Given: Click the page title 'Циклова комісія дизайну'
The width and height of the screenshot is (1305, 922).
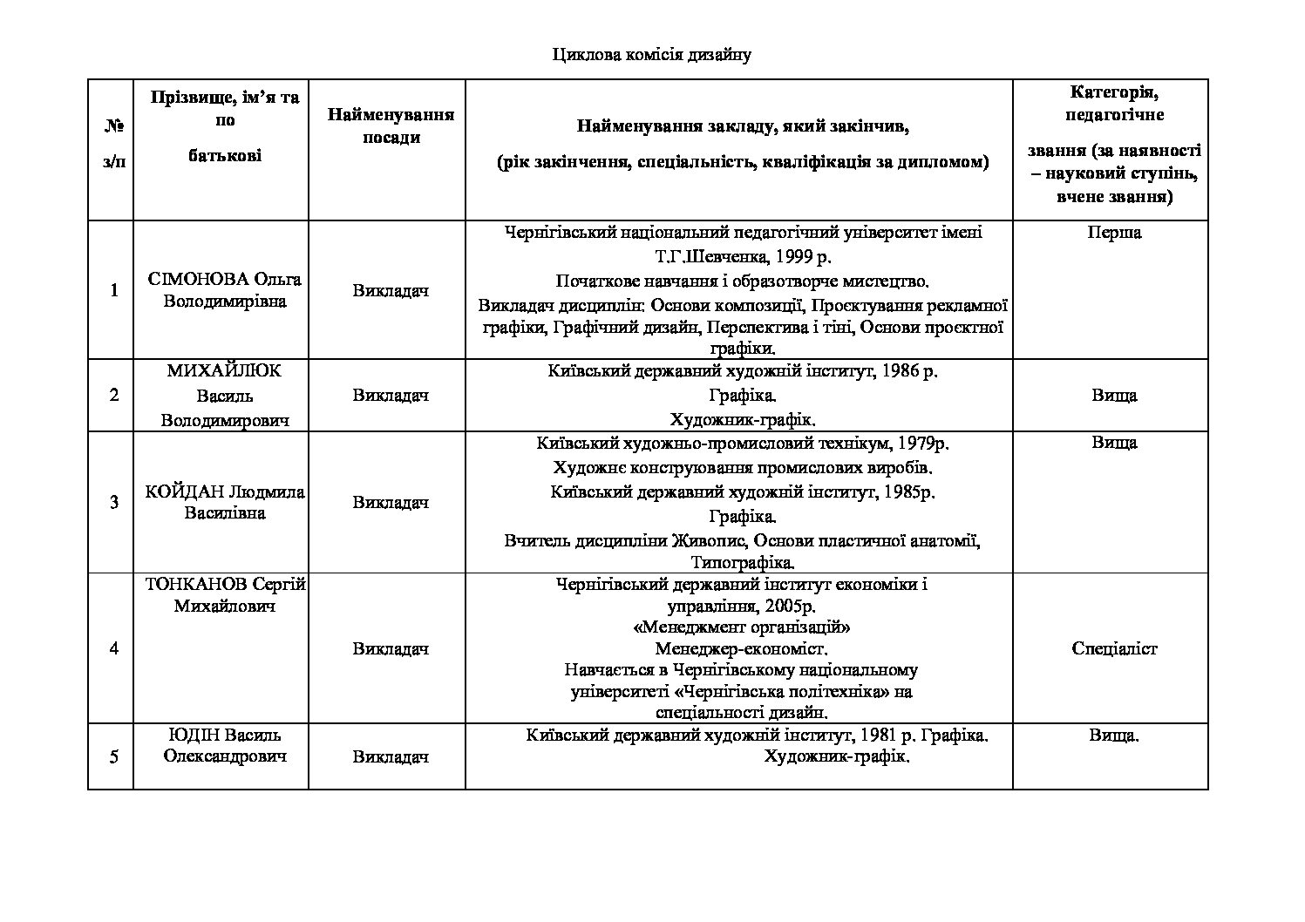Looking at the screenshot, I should pos(651,56).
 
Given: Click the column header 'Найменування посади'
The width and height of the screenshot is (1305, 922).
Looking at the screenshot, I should pos(391,126).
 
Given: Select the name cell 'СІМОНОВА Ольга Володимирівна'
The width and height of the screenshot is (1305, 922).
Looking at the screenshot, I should pos(225,290).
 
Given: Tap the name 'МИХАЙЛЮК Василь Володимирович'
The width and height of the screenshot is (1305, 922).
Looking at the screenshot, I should pos(225,396).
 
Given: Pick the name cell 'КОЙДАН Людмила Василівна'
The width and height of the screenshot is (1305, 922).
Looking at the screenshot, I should pos(225,502).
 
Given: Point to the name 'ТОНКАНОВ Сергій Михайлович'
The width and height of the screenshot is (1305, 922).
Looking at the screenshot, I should pos(225,595).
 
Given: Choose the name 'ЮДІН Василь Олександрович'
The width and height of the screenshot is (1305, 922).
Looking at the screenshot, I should pos(225,745).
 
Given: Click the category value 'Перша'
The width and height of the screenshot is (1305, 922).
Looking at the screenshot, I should pos(1114,233).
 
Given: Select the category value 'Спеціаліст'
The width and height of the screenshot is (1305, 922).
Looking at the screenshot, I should pos(1114,648).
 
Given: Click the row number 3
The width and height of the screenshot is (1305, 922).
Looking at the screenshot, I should pos(114,502).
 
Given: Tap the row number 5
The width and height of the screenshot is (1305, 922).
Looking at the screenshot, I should pos(114,756).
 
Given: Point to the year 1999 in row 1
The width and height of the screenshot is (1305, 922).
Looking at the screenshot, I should pos(797,257).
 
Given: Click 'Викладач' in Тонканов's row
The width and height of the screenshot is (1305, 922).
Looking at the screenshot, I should pos(391,648).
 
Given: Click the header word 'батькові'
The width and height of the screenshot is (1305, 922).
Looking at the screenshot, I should pos(225,156).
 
